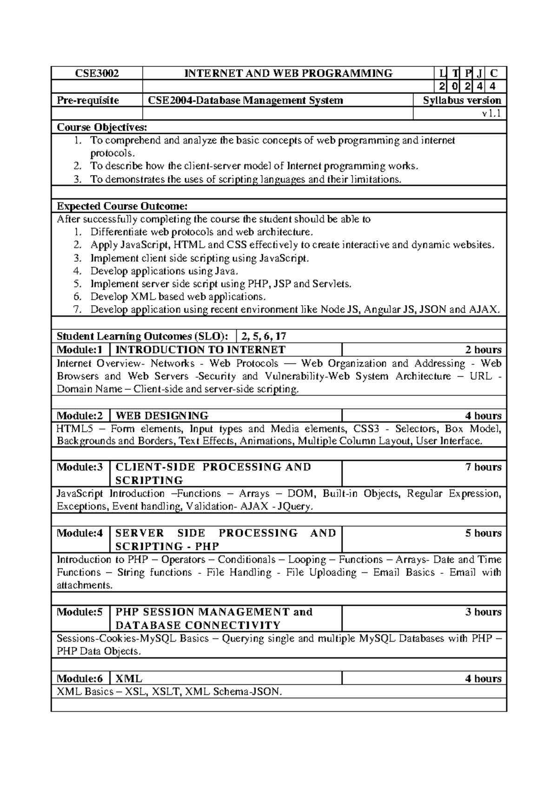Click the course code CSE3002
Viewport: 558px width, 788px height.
(x=97, y=73)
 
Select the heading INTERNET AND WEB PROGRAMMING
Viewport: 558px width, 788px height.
(x=288, y=73)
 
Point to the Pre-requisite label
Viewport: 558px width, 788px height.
(x=88, y=100)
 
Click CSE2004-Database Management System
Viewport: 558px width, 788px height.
(x=246, y=100)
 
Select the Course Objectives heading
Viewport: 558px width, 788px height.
(x=102, y=127)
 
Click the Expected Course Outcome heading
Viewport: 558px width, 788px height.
(x=122, y=206)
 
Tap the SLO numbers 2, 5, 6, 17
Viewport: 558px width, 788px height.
(x=264, y=336)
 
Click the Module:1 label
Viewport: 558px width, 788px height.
(x=79, y=349)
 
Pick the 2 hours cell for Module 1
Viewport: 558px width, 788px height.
(x=483, y=350)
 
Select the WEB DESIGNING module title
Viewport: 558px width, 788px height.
(x=162, y=415)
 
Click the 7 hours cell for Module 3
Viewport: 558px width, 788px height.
(x=483, y=467)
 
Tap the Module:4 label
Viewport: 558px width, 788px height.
(x=80, y=533)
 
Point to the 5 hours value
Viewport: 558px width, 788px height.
(x=483, y=533)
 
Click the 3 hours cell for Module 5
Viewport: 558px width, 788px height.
(x=483, y=612)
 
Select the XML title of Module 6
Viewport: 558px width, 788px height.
(x=129, y=678)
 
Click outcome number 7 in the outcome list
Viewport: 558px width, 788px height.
(x=78, y=309)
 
